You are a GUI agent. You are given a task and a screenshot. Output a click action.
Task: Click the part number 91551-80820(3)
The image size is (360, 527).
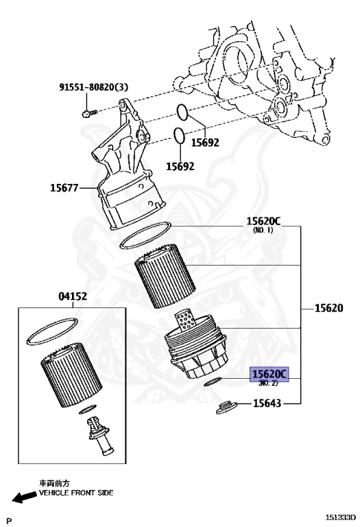(94, 87)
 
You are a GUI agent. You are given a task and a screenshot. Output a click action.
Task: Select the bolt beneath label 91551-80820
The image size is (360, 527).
(89, 113)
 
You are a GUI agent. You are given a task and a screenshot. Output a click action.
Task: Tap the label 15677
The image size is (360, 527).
(64, 187)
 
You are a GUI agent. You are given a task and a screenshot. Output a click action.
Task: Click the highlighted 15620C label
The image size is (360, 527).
(269, 374)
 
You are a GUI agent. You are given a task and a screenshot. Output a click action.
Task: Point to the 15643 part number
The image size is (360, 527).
(267, 403)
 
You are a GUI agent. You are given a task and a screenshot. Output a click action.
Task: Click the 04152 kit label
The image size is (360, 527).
(73, 296)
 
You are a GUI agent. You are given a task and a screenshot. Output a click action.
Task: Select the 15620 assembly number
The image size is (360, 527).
(328, 308)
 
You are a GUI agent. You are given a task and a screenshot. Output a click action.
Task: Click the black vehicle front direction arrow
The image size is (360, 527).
(25, 496)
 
